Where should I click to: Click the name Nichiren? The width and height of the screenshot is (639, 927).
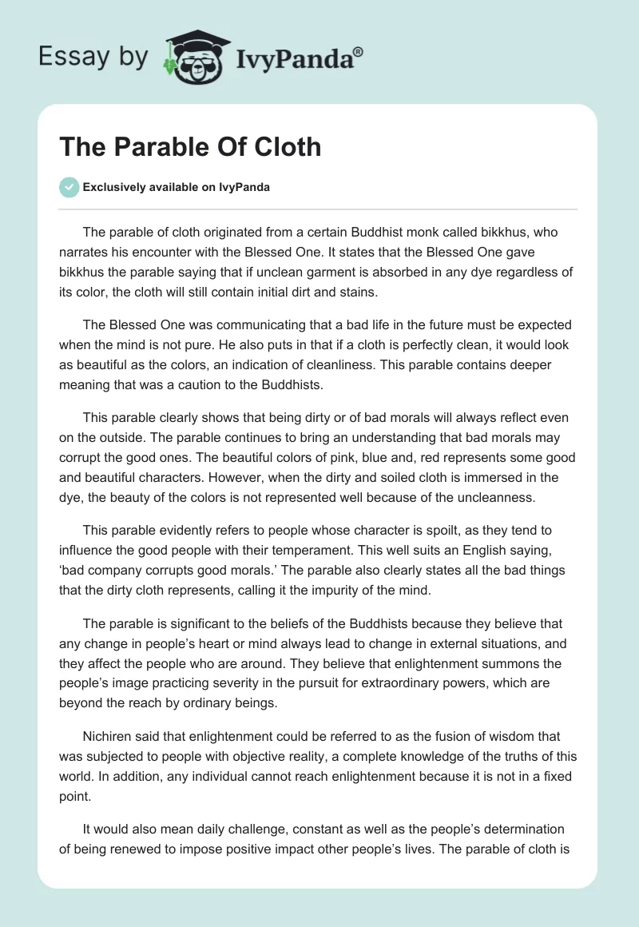coord(108,736)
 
